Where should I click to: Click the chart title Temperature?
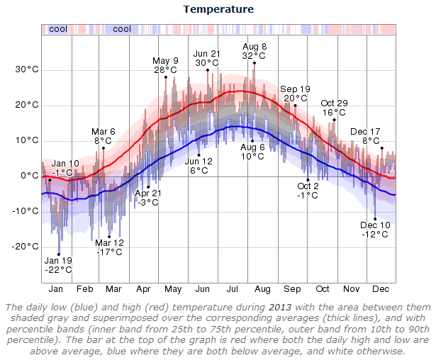click(218, 9)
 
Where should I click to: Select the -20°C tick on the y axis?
click(26, 247)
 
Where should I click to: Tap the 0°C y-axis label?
click(30, 176)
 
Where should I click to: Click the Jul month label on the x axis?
click(232, 289)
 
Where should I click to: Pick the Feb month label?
click(84, 289)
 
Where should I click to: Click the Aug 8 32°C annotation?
click(254, 50)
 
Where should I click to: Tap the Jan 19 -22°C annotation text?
click(58, 264)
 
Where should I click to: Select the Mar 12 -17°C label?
click(110, 247)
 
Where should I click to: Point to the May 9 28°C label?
click(165, 65)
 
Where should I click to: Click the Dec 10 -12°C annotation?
click(374, 229)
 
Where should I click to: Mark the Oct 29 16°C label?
click(334, 108)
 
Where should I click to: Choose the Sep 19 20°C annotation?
click(294, 94)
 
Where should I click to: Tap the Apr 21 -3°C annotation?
click(148, 197)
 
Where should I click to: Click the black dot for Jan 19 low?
click(59, 254)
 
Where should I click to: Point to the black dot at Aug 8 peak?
click(254, 63)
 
